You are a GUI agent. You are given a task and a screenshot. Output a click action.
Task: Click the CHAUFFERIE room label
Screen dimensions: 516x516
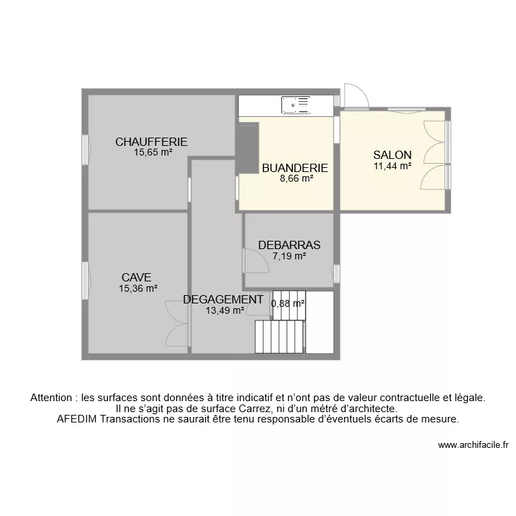[x=151, y=142]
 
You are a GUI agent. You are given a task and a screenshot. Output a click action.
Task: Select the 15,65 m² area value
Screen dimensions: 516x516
[x=153, y=153]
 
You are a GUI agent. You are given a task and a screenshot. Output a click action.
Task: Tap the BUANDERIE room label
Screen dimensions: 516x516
[x=294, y=168]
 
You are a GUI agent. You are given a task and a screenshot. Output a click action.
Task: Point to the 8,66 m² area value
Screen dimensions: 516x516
[x=297, y=178]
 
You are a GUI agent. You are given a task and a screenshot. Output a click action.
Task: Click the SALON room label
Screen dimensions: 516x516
[x=392, y=155]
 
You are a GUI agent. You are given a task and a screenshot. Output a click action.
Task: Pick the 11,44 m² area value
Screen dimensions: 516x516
[x=392, y=166]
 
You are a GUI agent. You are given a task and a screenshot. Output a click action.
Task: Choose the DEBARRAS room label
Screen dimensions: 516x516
[x=289, y=245]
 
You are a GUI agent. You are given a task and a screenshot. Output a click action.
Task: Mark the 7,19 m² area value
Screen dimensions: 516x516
[x=289, y=256]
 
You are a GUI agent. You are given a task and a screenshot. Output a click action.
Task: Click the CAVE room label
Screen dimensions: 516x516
[x=137, y=277]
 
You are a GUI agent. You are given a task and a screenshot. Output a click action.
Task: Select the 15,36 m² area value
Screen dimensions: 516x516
[x=138, y=288]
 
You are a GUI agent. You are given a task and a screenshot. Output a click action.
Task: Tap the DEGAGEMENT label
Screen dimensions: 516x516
[x=223, y=299]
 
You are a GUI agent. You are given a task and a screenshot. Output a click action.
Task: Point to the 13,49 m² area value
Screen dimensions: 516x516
[x=225, y=310]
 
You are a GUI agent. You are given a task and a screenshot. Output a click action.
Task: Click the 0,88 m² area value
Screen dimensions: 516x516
[x=288, y=303]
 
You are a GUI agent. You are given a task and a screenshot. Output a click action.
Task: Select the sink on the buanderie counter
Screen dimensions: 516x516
[x=295, y=105]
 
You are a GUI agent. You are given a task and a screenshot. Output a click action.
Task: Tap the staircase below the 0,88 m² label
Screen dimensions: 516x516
[x=279, y=336]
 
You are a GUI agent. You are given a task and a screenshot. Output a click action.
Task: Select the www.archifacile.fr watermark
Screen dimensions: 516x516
[x=473, y=445]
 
